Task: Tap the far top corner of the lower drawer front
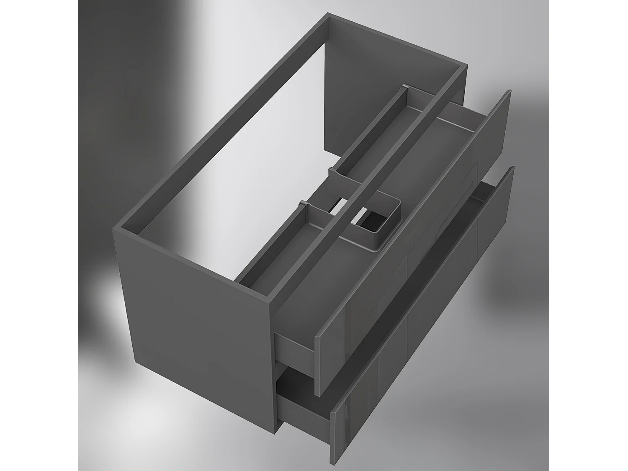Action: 512,167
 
